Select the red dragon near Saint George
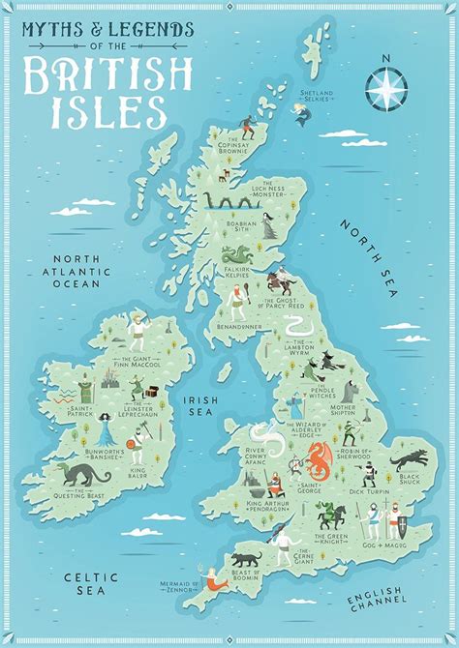(x=320, y=460)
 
